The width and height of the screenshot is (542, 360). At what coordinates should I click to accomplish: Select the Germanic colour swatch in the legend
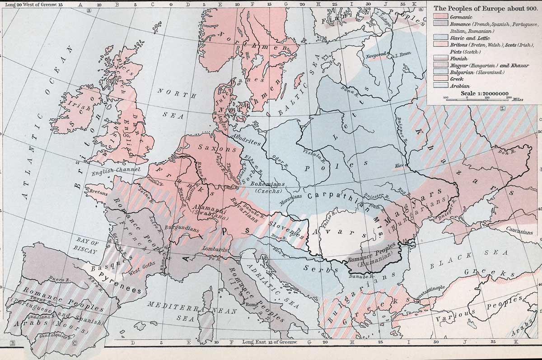439,17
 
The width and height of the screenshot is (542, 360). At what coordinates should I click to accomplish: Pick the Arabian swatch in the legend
439,85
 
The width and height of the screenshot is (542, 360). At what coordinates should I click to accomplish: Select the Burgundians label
182,228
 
